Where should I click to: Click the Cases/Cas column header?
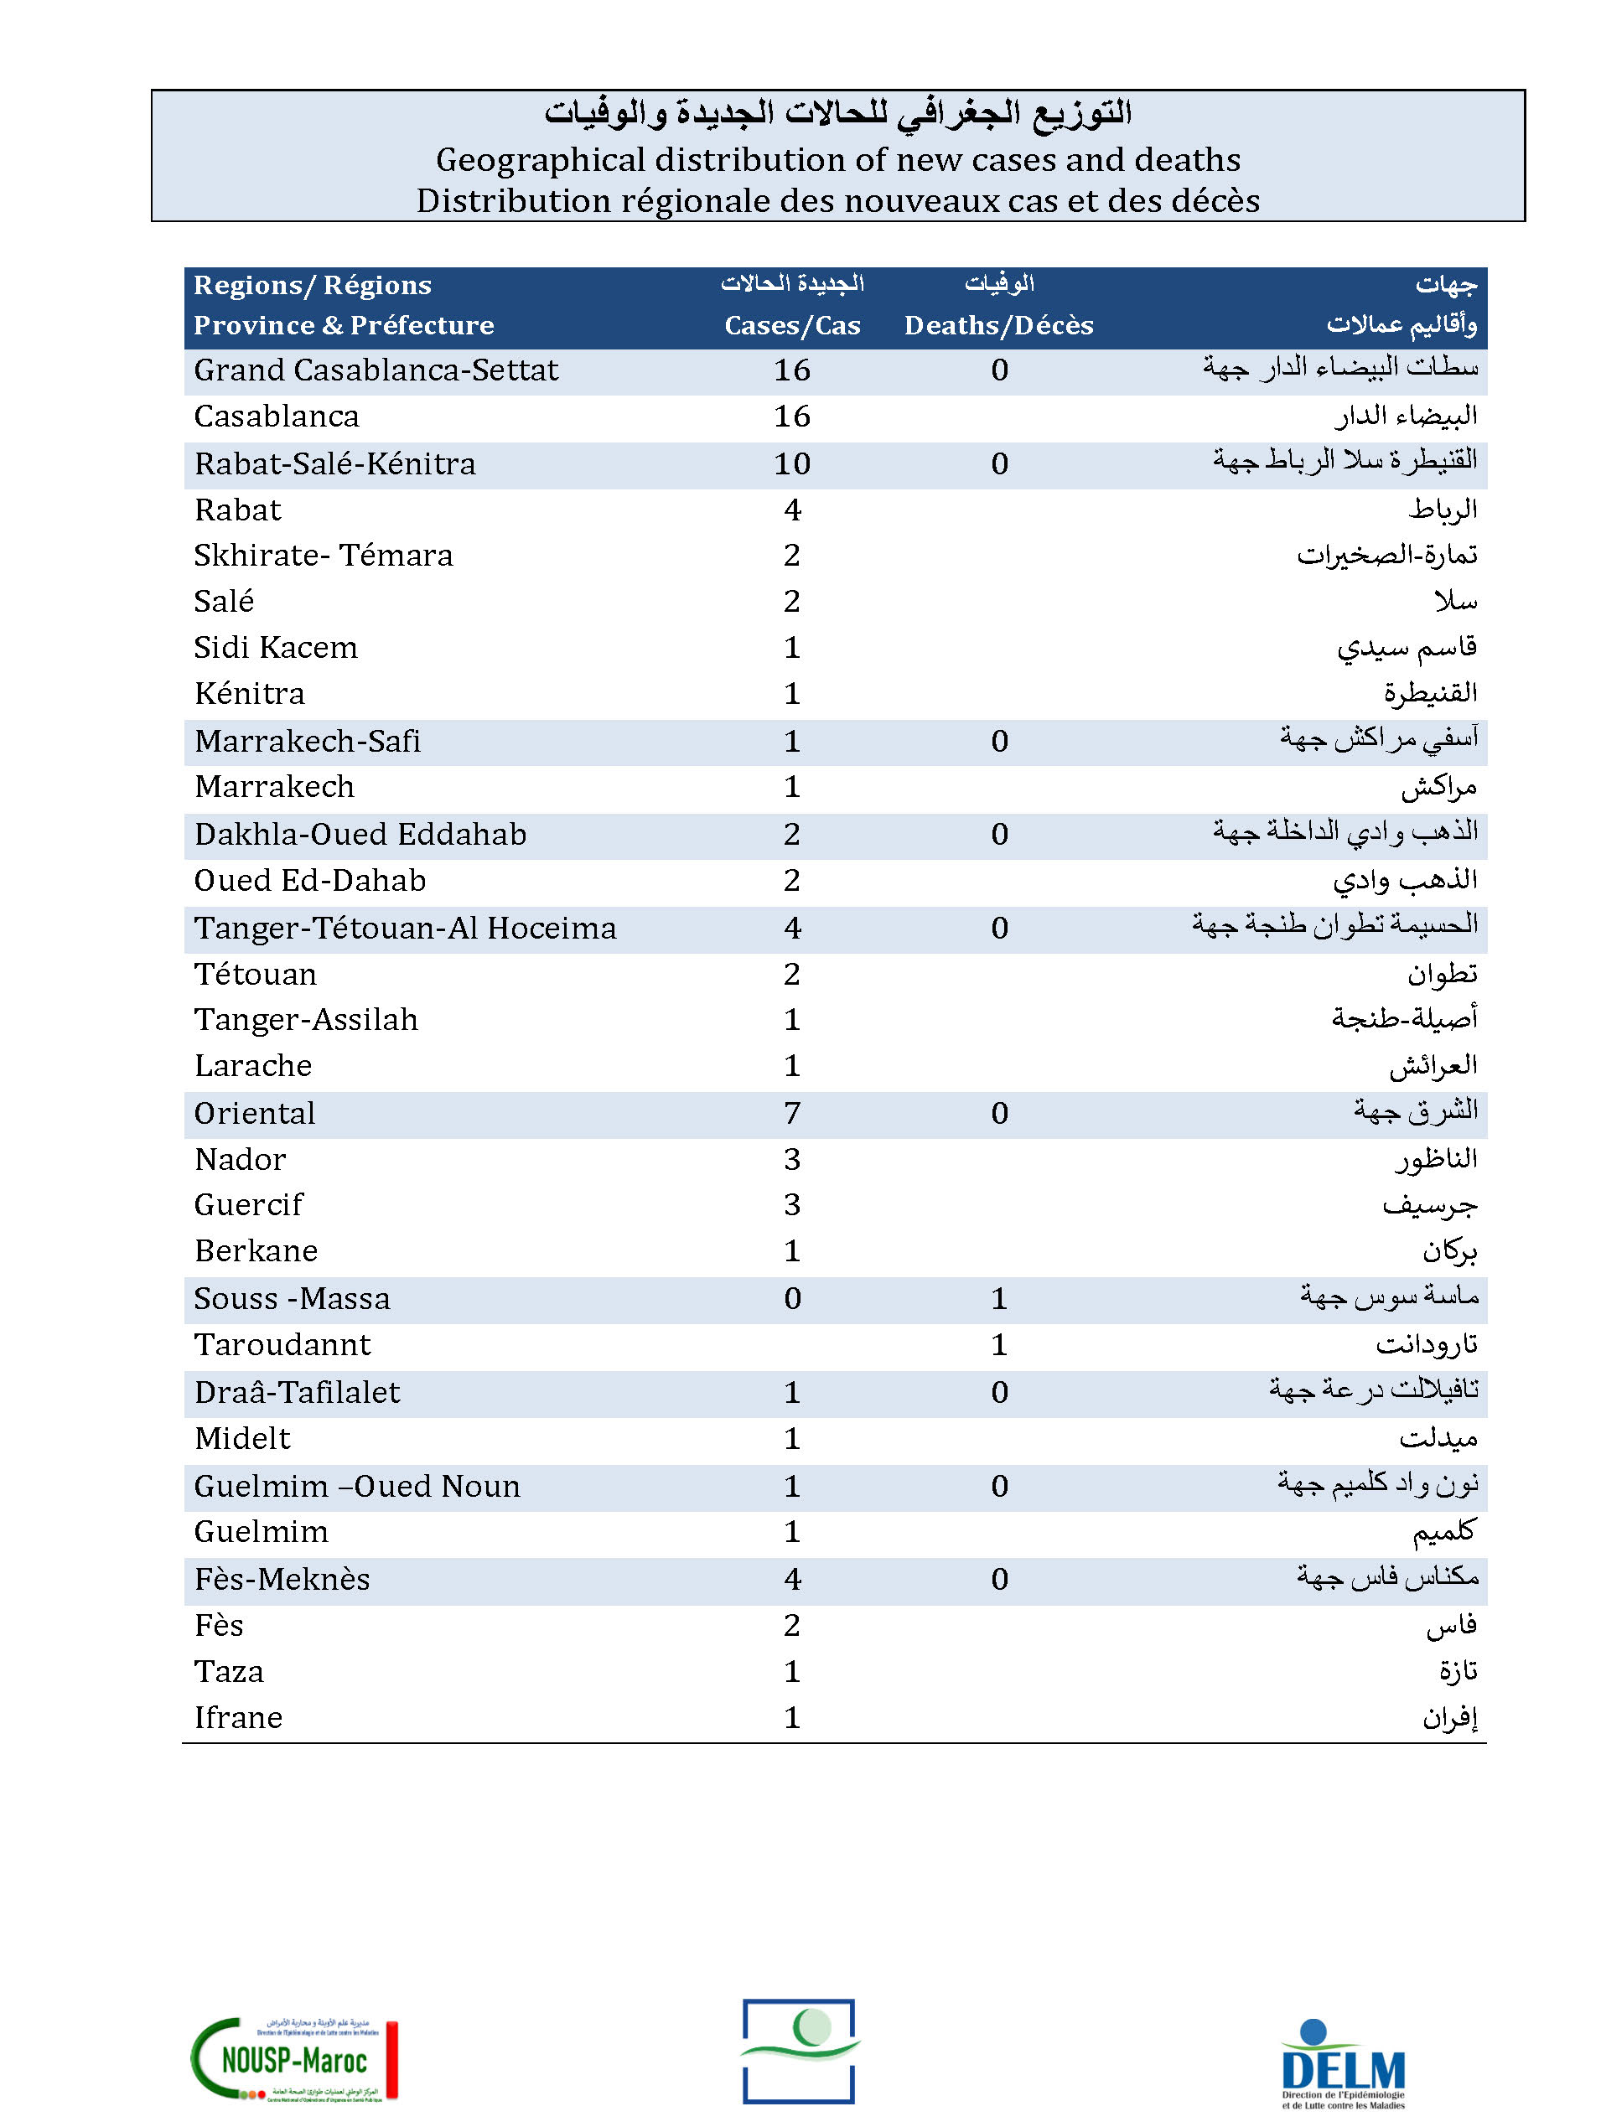click(792, 325)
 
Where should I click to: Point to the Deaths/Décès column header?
click(998, 325)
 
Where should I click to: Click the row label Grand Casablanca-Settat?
click(376, 370)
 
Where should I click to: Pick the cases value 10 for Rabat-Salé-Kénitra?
click(792, 463)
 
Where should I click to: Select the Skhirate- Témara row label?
click(323, 555)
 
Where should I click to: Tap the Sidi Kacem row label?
click(276, 647)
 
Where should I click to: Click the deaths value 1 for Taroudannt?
click(999, 1344)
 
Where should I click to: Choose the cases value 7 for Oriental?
click(792, 1113)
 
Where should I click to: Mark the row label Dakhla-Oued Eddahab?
click(360, 834)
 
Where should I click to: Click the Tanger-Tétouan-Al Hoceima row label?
click(405, 928)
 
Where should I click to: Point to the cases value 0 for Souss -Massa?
click(792, 1298)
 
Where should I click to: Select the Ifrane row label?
click(238, 1717)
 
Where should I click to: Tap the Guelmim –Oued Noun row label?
click(357, 1486)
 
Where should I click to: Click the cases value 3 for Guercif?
click(792, 1204)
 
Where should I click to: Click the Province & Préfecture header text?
click(344, 325)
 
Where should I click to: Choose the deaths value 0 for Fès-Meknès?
click(999, 1579)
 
